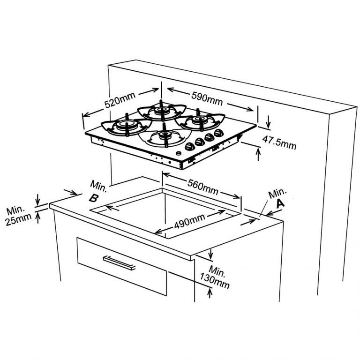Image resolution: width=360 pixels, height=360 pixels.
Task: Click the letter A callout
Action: [x=280, y=203]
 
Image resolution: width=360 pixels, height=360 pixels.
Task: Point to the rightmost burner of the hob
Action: [x=201, y=121]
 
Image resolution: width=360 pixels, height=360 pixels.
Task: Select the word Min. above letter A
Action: [x=277, y=192]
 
